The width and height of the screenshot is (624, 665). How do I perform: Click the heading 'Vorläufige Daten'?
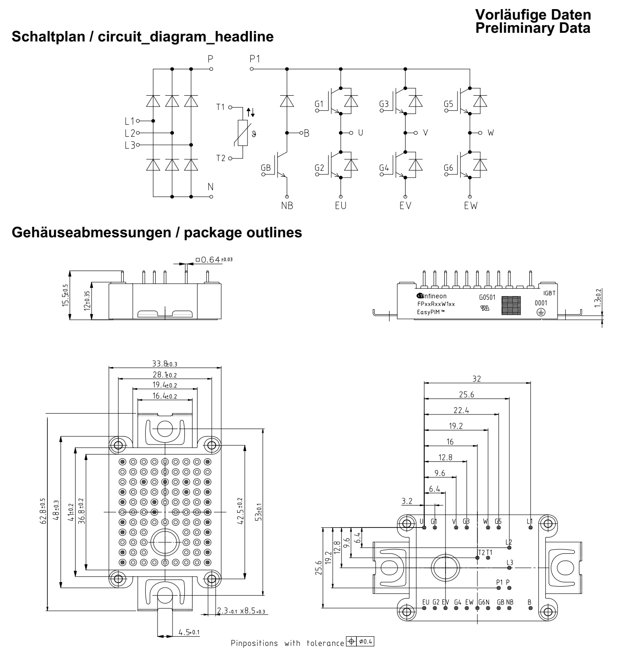coord(533,15)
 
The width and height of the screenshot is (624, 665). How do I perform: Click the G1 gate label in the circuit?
coord(319,105)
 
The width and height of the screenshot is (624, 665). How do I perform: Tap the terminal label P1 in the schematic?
coord(255,59)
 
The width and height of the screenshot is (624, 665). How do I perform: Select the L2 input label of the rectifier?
coord(129,133)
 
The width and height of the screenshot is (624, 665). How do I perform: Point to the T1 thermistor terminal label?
coord(221,107)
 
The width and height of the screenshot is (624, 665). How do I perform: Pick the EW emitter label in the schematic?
coord(471,205)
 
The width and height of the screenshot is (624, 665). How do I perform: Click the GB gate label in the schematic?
coord(265,168)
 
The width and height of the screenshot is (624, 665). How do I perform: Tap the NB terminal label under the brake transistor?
coord(287,205)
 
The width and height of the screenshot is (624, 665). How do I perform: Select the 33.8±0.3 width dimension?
coord(165,364)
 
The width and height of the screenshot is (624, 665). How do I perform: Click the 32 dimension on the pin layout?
coord(477,379)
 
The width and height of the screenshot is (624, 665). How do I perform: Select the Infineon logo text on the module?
coord(432,296)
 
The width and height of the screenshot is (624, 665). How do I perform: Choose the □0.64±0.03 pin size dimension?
coord(213,260)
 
